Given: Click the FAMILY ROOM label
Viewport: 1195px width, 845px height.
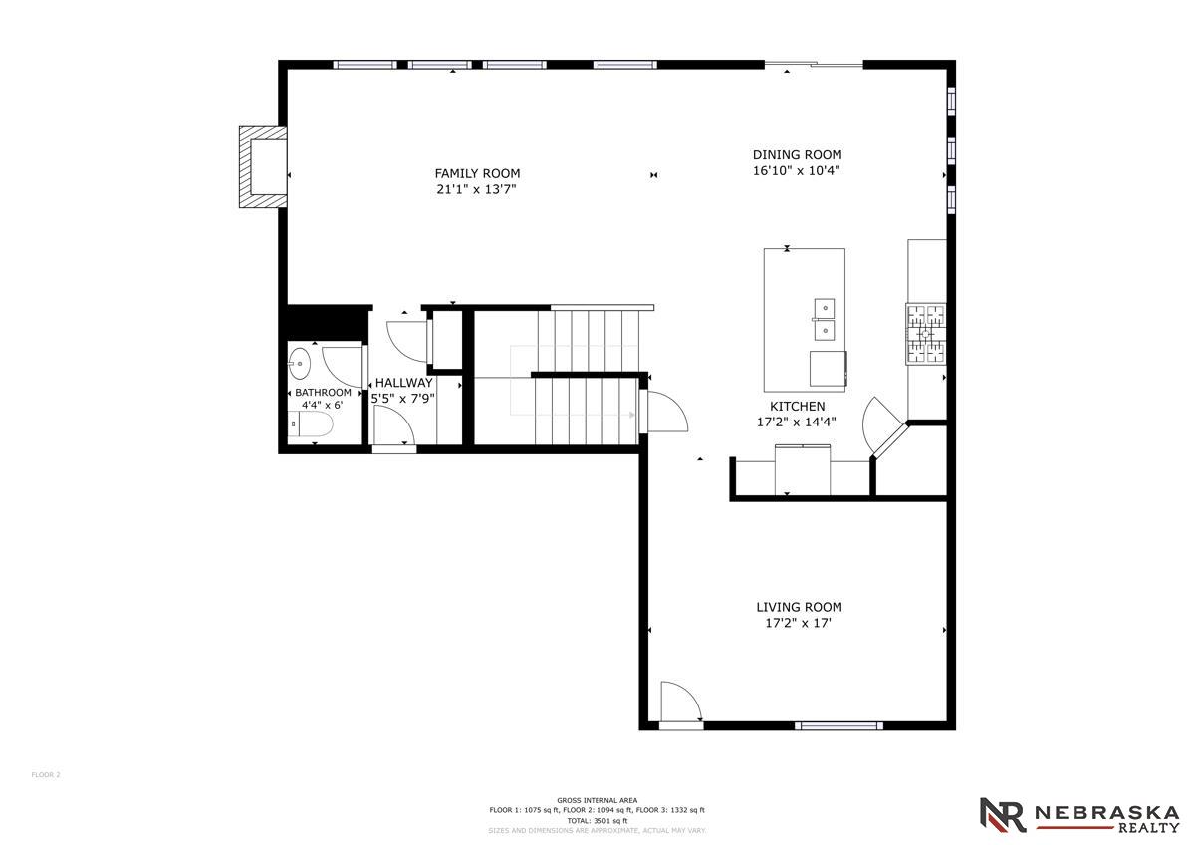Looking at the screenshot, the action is click(x=477, y=173).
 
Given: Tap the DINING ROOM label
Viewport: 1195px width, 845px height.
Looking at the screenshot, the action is click(x=797, y=154).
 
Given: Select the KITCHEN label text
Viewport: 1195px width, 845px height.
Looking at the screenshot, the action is click(x=797, y=407).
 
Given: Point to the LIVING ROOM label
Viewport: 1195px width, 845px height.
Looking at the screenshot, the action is click(x=799, y=607).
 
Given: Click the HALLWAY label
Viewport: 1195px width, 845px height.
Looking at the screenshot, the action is click(x=404, y=383).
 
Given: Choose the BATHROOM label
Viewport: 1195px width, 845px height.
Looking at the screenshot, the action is click(x=323, y=393).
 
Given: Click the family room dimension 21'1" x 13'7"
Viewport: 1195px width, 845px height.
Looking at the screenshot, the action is click(x=476, y=189).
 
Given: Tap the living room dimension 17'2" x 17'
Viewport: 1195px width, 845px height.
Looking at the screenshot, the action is click(x=798, y=623).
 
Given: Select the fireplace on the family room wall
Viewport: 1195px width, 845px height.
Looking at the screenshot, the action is click(x=263, y=166).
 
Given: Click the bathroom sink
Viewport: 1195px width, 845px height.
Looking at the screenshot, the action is click(x=300, y=363).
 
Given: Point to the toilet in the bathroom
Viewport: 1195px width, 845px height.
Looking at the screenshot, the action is click(x=310, y=424).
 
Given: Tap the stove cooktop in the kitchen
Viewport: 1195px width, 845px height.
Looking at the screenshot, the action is click(x=925, y=334).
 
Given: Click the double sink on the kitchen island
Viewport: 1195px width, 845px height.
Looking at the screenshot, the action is click(x=825, y=320).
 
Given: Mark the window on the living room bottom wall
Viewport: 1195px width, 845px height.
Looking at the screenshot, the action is click(x=838, y=725).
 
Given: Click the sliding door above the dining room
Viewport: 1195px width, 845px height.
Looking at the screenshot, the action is click(x=814, y=65).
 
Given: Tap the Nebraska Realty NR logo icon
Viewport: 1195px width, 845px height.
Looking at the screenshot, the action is click(x=1003, y=814).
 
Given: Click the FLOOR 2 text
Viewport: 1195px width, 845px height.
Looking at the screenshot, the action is click(x=46, y=775).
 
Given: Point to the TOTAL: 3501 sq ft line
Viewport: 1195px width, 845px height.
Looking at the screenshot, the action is click(x=597, y=820).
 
